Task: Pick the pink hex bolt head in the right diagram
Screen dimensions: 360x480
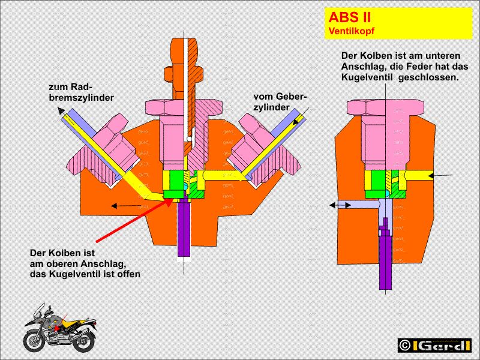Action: (x=384, y=106)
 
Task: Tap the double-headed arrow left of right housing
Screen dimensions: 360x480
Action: (x=339, y=205)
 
